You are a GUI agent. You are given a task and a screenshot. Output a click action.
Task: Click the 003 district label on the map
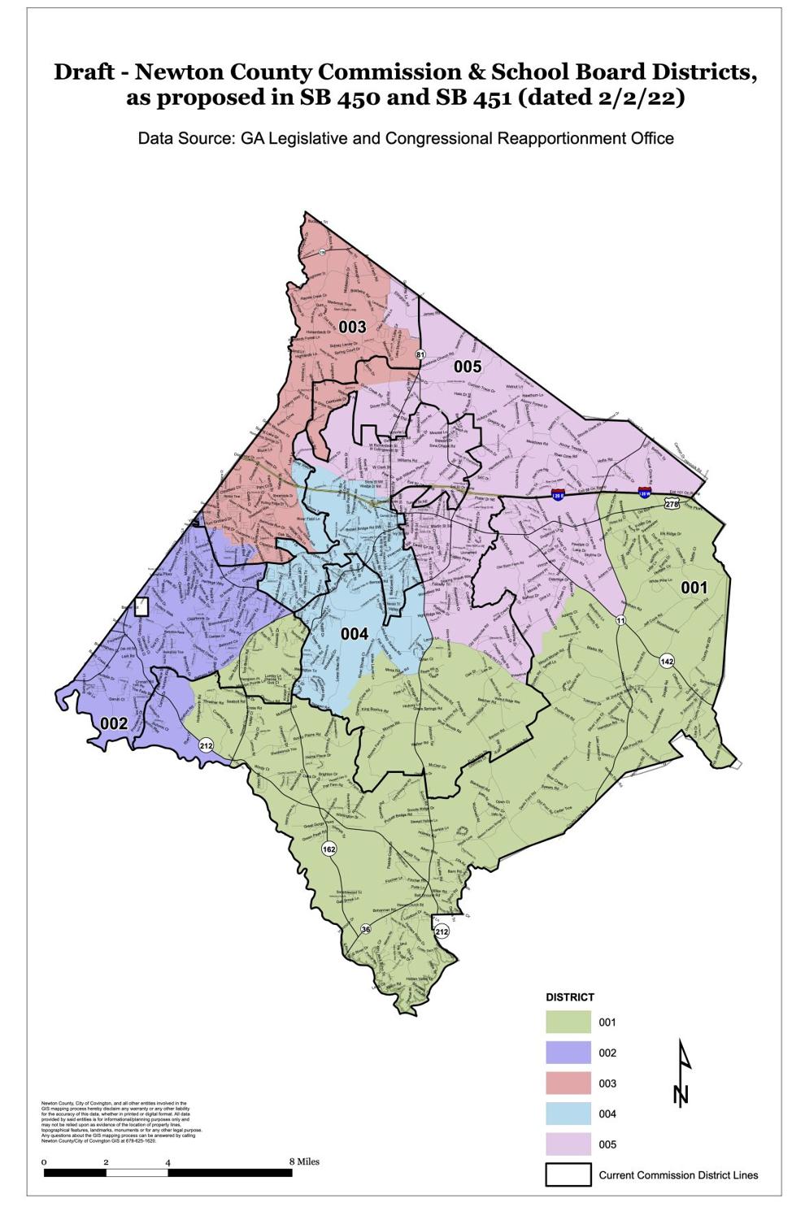(x=352, y=328)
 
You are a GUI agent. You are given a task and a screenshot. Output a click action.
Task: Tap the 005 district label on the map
(x=468, y=367)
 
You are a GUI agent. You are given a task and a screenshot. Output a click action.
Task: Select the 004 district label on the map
(x=354, y=634)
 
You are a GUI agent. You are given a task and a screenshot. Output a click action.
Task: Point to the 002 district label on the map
(x=114, y=723)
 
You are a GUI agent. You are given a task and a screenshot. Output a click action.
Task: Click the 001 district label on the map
(x=694, y=587)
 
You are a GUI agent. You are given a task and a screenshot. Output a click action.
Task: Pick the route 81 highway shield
(x=420, y=354)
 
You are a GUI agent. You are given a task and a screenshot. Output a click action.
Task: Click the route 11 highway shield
(x=620, y=621)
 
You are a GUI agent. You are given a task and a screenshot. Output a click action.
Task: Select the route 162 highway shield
(x=329, y=849)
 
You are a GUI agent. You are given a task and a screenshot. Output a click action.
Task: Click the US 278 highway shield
(x=671, y=505)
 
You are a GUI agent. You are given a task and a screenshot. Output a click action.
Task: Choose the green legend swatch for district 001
(x=568, y=1022)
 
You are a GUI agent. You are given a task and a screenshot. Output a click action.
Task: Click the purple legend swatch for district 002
(x=568, y=1053)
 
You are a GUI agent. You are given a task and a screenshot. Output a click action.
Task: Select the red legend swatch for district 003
(x=568, y=1083)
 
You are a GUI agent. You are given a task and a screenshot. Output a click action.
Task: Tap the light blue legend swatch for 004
(x=568, y=1114)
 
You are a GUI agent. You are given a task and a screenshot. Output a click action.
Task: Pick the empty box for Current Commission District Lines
(x=568, y=1174)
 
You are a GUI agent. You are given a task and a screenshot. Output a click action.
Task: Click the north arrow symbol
(x=683, y=1073)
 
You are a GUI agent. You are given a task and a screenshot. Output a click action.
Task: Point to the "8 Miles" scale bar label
(x=305, y=1161)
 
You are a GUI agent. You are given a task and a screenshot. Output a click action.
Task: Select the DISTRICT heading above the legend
(x=569, y=996)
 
